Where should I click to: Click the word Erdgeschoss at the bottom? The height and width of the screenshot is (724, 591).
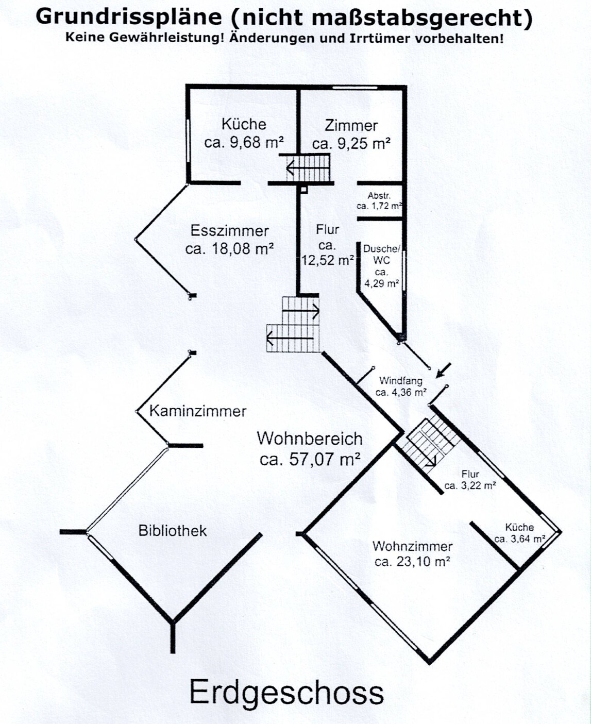(286, 693)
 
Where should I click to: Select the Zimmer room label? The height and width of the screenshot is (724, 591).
(351, 126)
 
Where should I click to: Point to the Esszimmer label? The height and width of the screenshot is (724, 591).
(230, 231)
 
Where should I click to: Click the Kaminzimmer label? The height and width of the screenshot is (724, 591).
(198, 411)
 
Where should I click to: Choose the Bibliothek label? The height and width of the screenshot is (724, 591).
(172, 531)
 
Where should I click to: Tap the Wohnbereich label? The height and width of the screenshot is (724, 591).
(309, 439)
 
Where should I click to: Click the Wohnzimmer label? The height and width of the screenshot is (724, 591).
(412, 546)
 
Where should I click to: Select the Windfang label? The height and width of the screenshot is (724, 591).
(400, 381)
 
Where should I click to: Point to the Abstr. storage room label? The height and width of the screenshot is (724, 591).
(379, 196)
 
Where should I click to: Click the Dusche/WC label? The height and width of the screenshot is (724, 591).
(381, 255)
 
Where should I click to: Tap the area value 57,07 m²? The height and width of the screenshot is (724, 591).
(310, 459)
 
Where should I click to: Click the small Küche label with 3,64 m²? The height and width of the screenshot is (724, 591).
(519, 527)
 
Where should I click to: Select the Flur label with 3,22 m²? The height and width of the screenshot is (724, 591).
(470, 474)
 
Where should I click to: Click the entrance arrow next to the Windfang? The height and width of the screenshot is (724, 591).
(443, 370)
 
